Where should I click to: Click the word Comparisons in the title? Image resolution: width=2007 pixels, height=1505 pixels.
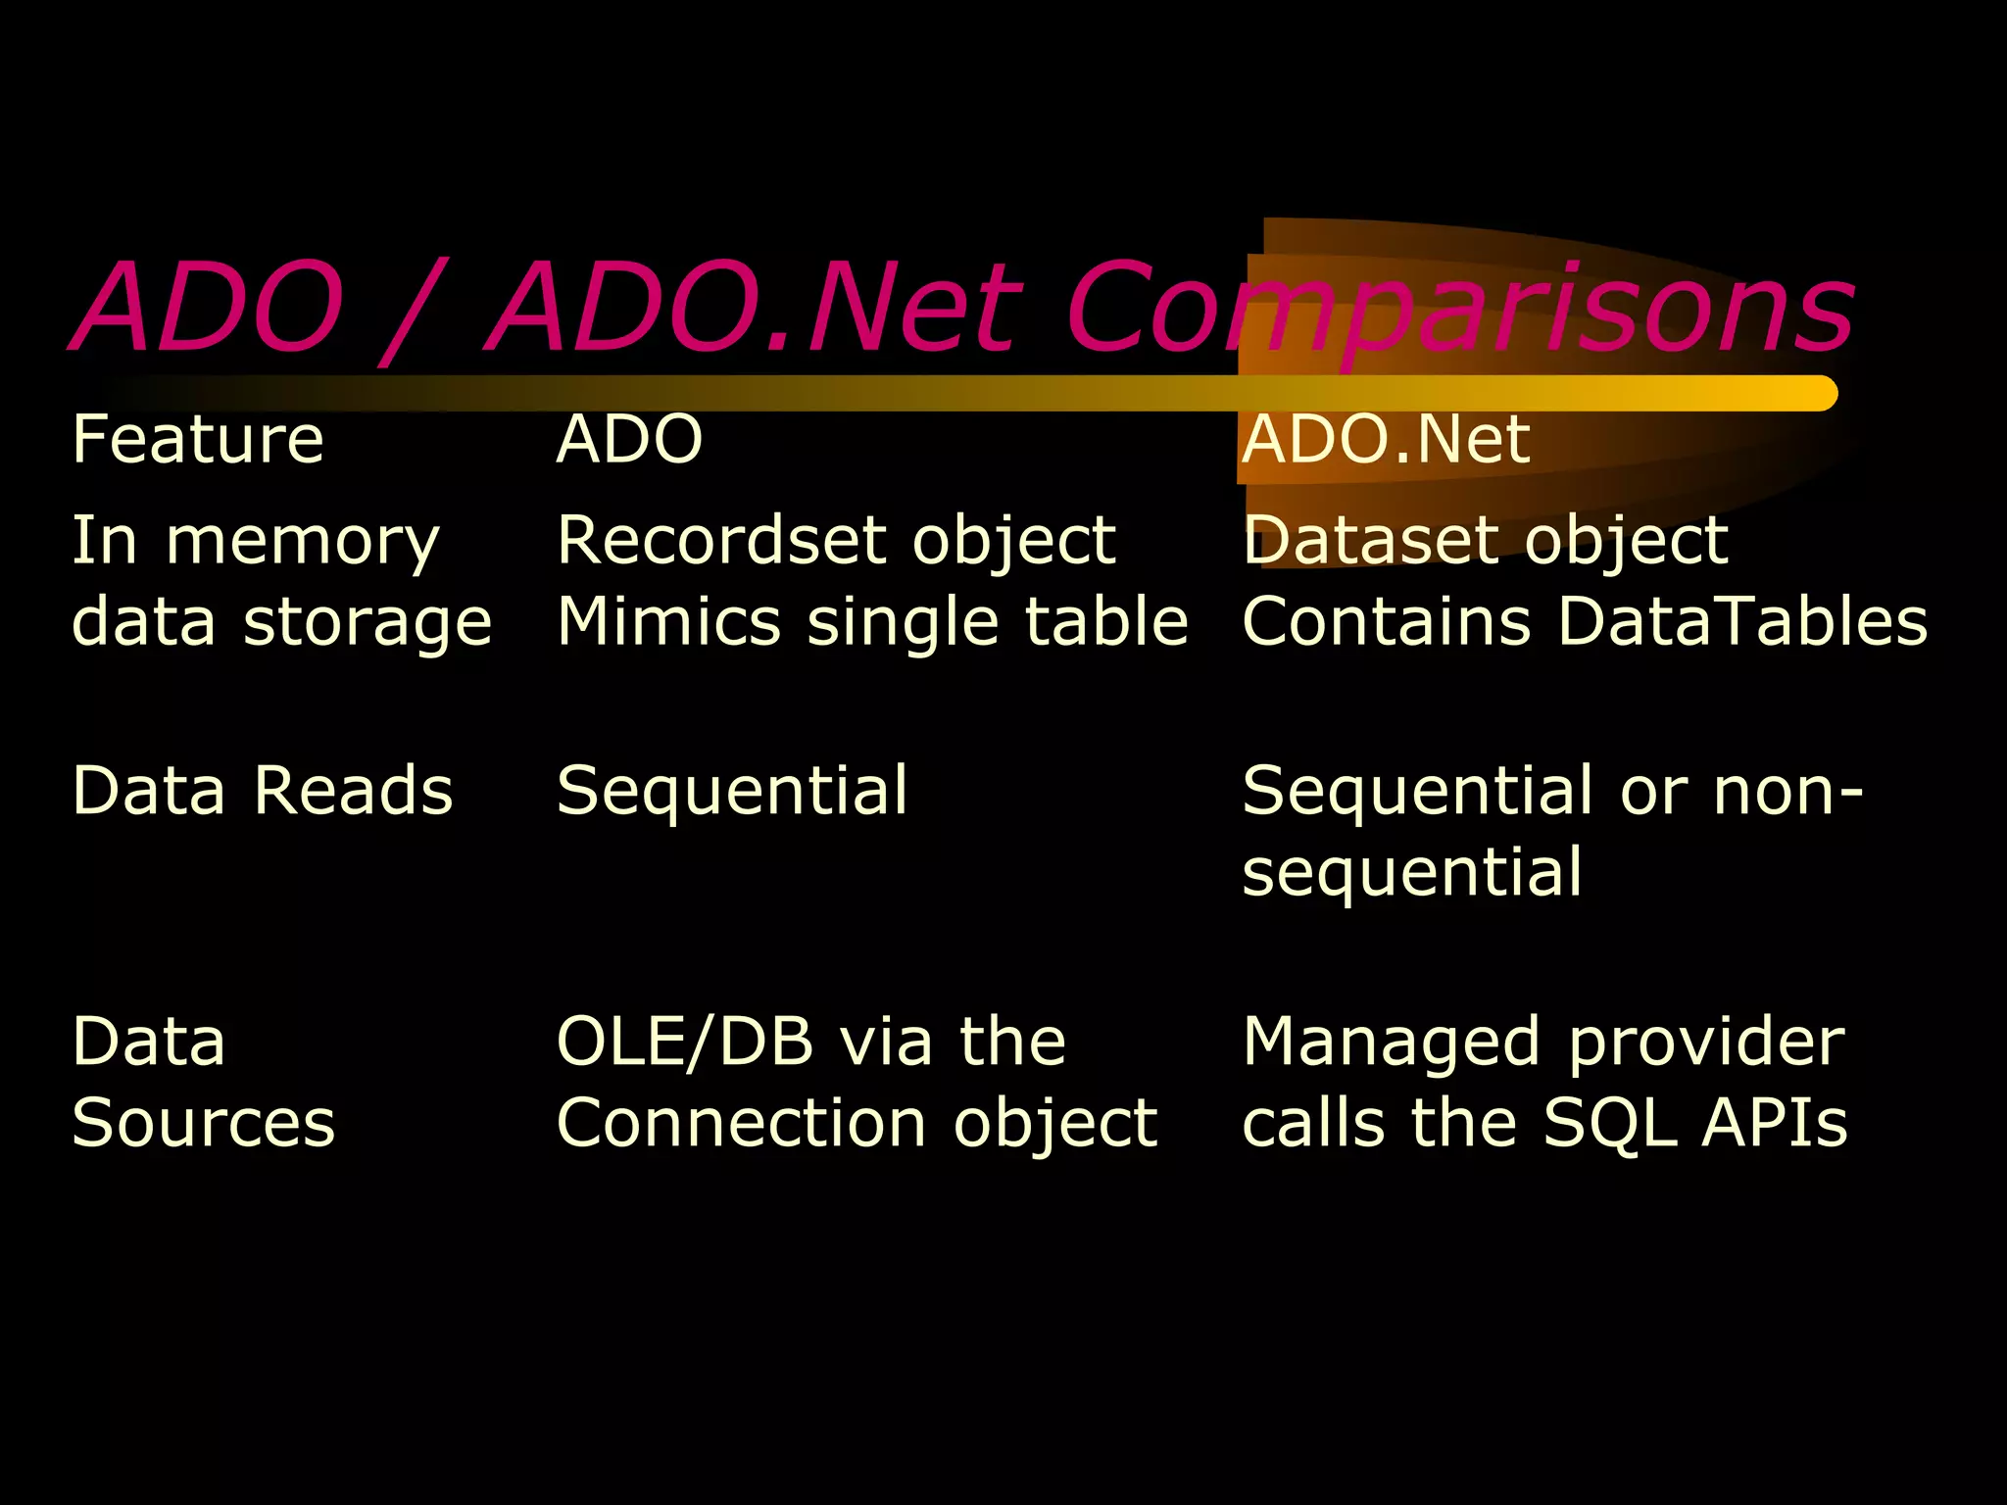point(1460,309)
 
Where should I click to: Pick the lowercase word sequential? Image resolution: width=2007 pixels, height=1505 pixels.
point(1411,872)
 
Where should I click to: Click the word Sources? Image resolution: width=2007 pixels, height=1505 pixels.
point(204,1123)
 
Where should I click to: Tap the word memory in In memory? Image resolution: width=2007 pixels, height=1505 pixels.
point(303,542)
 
